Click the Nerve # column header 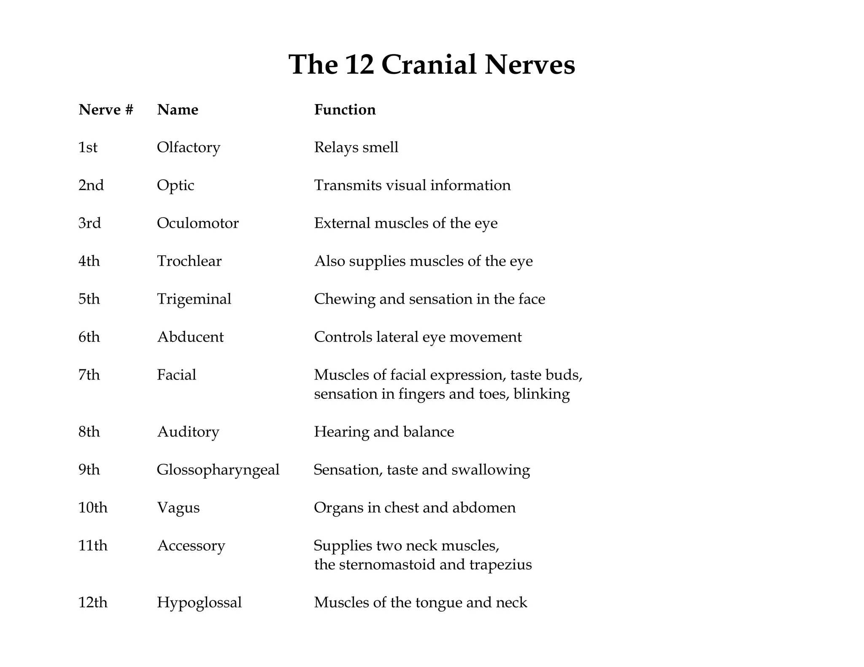106,110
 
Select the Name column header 178,110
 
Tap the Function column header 345,110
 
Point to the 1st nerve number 88,148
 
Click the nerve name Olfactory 189,148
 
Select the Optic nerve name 175,186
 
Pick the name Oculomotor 197,223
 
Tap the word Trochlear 189,261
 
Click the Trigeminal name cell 194,299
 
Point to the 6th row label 89,337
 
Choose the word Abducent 190,337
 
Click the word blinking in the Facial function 542,394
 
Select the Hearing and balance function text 384,432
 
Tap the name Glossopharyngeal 218,470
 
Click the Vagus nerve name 178,508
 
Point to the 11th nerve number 93,546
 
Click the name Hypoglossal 199,602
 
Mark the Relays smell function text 356,148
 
